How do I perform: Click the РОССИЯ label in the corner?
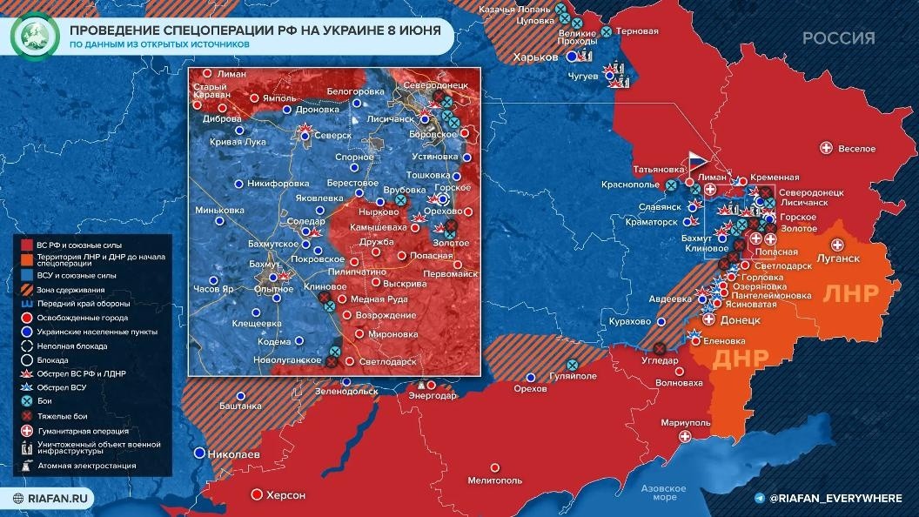coord(838,37)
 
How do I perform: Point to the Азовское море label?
coord(659,493)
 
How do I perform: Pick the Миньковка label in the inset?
coord(220,210)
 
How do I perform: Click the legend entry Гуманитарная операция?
coord(83,431)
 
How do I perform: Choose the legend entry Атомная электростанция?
coord(86,466)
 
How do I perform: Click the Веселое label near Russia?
coord(856,149)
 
